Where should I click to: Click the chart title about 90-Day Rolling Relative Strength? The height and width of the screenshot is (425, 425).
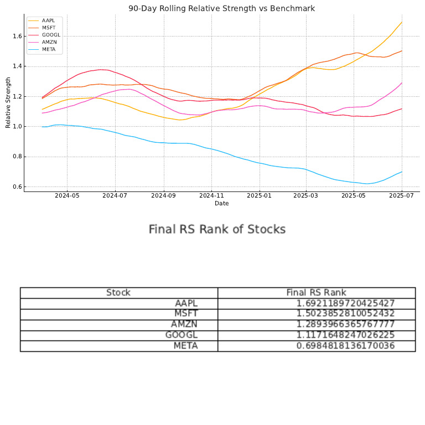click(221, 8)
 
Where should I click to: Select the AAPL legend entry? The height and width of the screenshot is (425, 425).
click(48, 20)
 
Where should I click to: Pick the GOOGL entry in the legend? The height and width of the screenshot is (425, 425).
click(51, 35)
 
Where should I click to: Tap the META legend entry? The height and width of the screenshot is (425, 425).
click(49, 49)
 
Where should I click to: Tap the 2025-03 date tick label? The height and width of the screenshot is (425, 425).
click(306, 195)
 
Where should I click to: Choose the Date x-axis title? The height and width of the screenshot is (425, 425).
click(221, 203)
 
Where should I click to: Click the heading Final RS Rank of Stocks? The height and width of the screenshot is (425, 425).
click(217, 229)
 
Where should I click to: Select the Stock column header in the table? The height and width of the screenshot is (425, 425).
click(118, 293)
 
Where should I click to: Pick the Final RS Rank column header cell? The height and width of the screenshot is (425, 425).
click(316, 293)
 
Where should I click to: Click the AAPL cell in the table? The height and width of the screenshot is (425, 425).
click(186, 303)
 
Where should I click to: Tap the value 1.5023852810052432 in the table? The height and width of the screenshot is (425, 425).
click(345, 314)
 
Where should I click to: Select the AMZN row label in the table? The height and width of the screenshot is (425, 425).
click(184, 324)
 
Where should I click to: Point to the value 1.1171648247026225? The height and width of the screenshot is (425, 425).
click(345, 335)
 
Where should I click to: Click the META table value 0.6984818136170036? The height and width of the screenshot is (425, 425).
click(345, 346)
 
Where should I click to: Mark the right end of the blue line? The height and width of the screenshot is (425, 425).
click(402, 172)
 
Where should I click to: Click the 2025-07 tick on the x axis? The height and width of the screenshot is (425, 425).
click(402, 195)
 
